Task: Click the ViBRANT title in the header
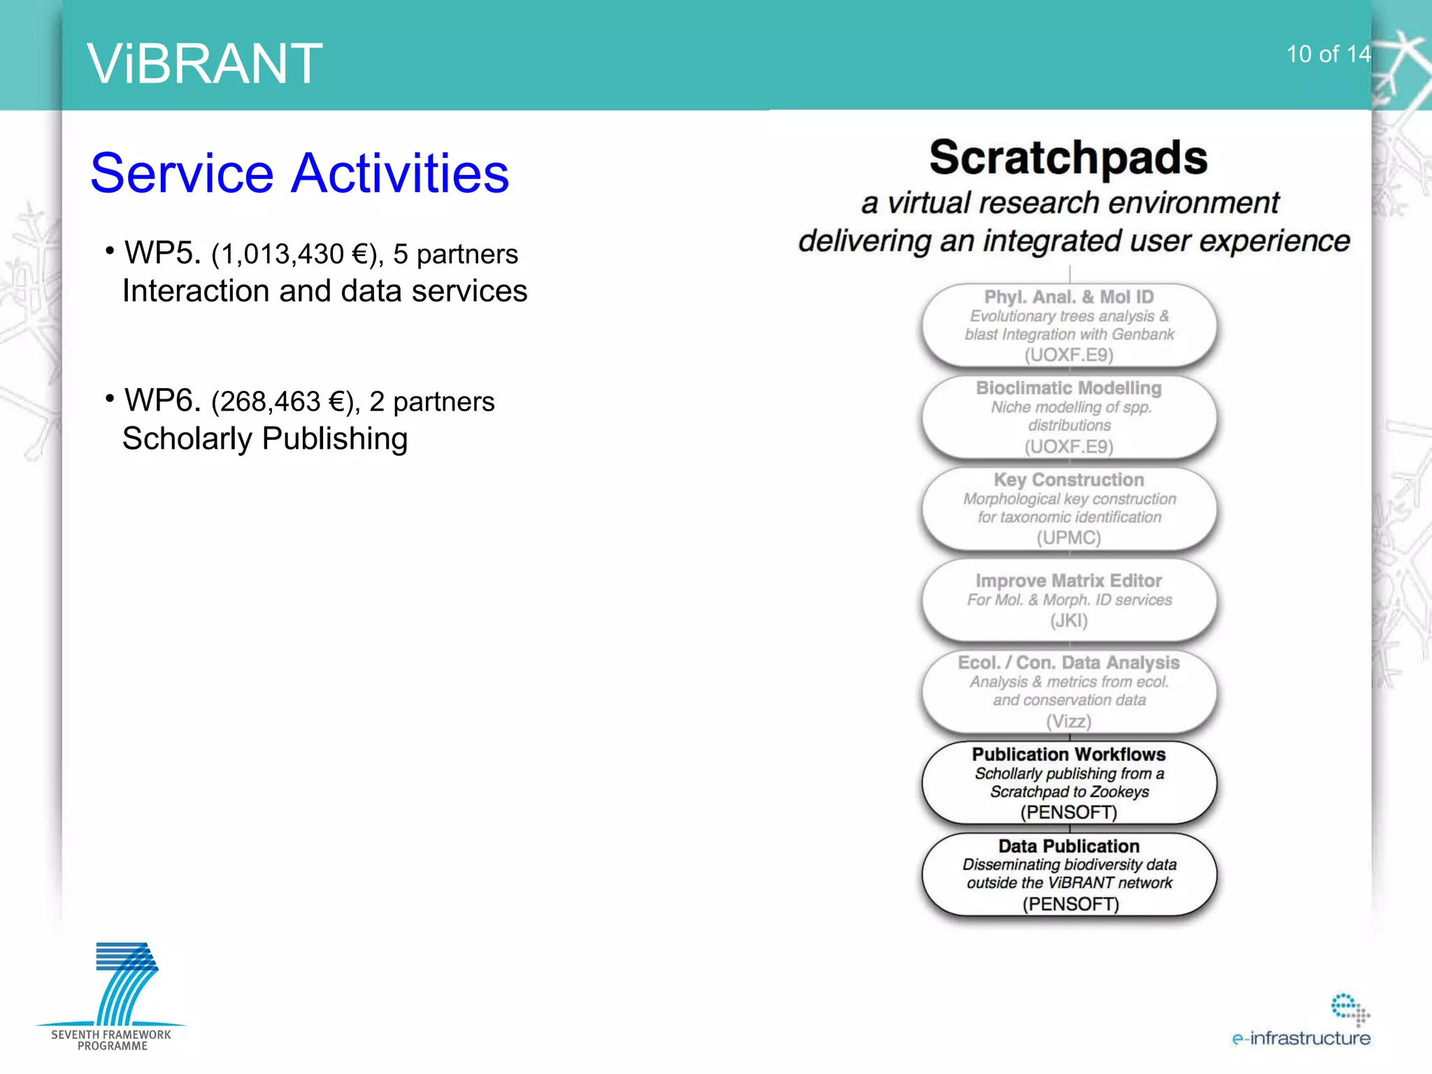pos(204,64)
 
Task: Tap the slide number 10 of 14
pos(1328,55)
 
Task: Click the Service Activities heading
pos(300,173)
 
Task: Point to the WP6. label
pos(162,401)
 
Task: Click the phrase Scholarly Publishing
pos(265,439)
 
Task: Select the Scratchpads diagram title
pos(1068,157)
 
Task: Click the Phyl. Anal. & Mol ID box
pos(1068,326)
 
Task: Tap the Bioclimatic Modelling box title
pos(1068,388)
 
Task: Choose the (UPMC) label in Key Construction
pos(1068,538)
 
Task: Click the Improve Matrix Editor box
pos(1068,599)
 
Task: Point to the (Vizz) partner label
pos(1068,721)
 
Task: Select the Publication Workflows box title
pos(1068,754)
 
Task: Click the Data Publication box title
pos(1068,846)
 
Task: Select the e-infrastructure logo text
pos(1301,1038)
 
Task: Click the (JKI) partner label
pos(1068,621)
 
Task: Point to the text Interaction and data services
pos(324,292)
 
